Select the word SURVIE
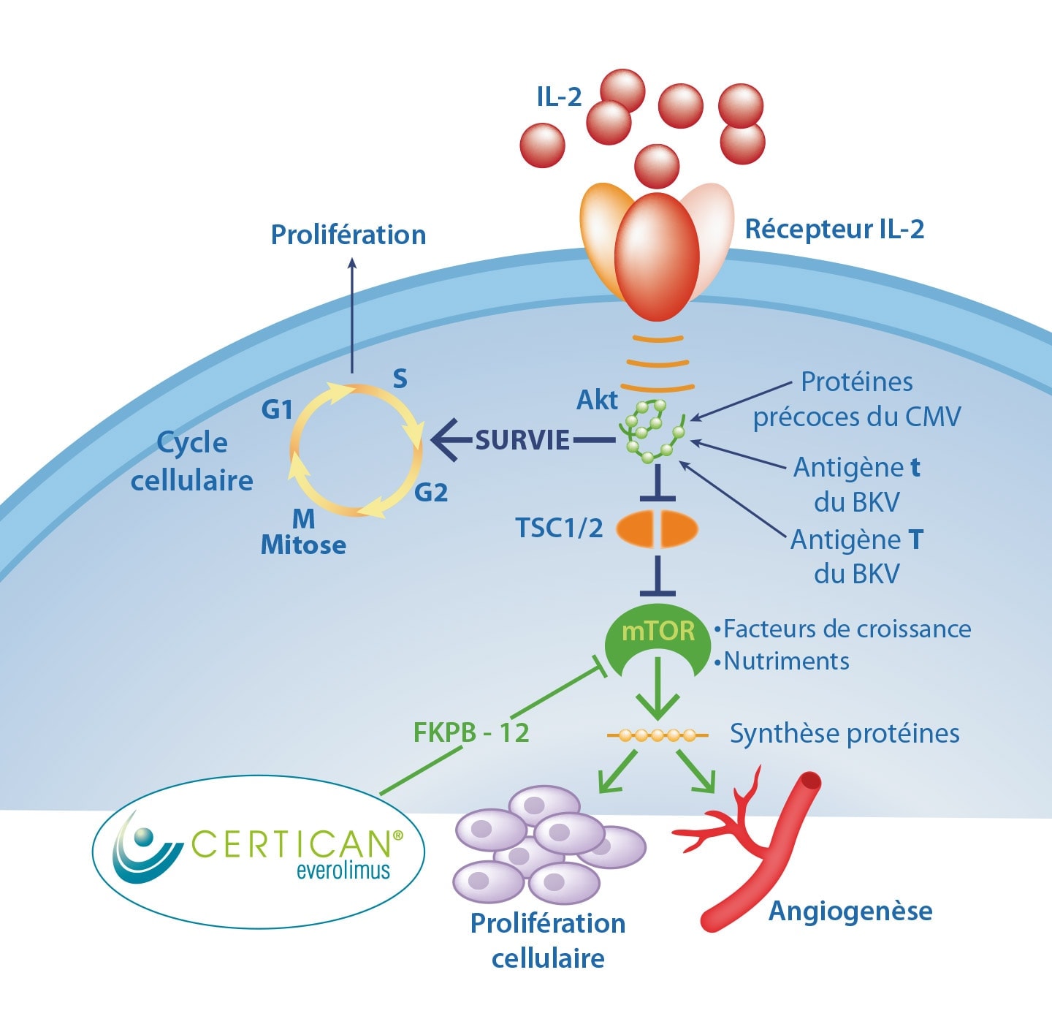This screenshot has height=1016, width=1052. (522, 440)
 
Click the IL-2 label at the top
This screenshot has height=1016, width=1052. (559, 96)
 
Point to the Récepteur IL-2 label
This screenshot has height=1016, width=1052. (834, 230)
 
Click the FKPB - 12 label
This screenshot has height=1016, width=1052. (471, 732)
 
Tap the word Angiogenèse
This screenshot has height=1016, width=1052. (850, 911)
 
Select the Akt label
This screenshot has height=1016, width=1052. (597, 400)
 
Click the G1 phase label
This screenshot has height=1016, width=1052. (277, 410)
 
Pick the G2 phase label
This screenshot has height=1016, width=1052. (431, 493)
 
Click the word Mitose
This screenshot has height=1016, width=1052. (303, 545)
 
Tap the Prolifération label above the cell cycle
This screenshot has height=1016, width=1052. (348, 235)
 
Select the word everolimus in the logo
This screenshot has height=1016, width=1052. (343, 871)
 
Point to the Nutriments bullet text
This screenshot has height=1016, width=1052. (786, 661)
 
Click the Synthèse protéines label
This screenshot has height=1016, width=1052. (845, 734)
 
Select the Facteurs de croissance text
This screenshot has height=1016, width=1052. (847, 629)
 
